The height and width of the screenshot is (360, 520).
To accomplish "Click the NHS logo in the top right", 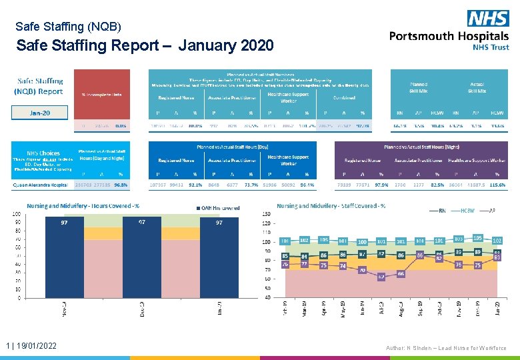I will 487,19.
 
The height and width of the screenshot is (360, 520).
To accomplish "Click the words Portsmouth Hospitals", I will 449,36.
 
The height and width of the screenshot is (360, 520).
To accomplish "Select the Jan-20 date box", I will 39,113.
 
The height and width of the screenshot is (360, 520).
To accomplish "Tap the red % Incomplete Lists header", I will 101,94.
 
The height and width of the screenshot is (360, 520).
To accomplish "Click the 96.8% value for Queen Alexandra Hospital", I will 121,185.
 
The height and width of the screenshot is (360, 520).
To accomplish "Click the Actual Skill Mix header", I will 477,87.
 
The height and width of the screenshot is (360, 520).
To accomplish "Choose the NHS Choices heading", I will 43,153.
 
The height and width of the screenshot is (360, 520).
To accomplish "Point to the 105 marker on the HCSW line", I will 477,238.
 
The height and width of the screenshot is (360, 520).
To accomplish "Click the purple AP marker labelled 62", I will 381,276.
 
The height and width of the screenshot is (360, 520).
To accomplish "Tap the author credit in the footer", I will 445,348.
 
